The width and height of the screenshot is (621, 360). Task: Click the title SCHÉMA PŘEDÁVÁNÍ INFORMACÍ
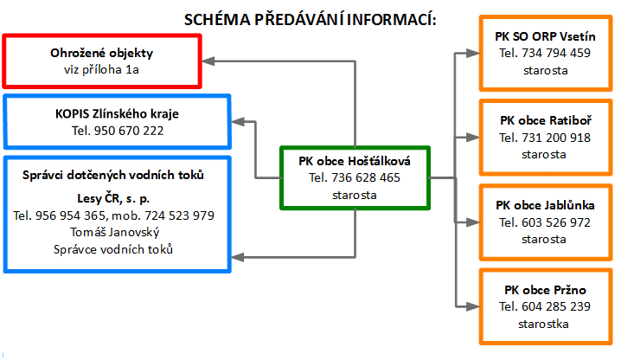pyautogui.click(x=310, y=19)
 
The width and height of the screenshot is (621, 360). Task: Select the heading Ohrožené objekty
pyautogui.click(x=102, y=53)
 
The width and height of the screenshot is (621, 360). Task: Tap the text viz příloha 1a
pyautogui.click(x=101, y=70)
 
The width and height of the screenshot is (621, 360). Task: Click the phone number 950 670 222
pyautogui.click(x=129, y=131)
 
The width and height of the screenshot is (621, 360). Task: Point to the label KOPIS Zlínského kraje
pyautogui.click(x=118, y=114)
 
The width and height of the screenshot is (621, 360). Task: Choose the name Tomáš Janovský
pyautogui.click(x=115, y=232)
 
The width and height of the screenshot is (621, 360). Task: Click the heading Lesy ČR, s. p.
pyautogui.click(x=113, y=198)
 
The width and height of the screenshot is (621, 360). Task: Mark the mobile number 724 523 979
pyautogui.click(x=179, y=215)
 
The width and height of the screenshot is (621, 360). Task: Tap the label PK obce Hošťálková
pyautogui.click(x=355, y=161)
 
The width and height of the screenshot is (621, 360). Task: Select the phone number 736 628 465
pyautogui.click(x=366, y=177)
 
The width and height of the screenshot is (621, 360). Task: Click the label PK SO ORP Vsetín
pyautogui.click(x=545, y=36)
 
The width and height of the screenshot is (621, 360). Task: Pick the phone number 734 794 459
pyautogui.click(x=556, y=53)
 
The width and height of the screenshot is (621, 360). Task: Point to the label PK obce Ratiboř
pyautogui.click(x=546, y=120)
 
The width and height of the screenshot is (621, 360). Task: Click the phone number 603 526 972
pyautogui.click(x=556, y=222)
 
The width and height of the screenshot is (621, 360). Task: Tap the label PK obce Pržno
pyautogui.click(x=545, y=290)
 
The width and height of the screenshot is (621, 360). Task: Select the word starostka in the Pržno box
pyautogui.click(x=543, y=324)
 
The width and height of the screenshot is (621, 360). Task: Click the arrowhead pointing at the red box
pyautogui.click(x=208, y=61)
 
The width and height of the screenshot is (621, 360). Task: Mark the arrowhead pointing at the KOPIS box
pyautogui.click(x=238, y=122)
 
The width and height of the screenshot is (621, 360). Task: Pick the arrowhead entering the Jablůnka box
pyautogui.click(x=473, y=222)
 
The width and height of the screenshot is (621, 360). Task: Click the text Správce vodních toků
pyautogui.click(x=113, y=249)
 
